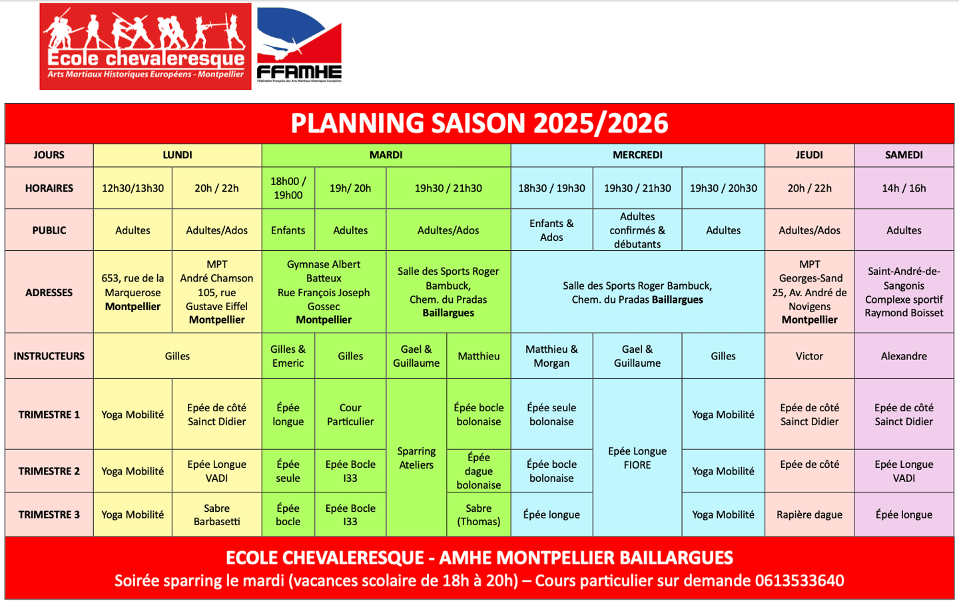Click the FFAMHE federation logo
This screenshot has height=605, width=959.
point(299,45)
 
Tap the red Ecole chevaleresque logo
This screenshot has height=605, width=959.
point(145,47)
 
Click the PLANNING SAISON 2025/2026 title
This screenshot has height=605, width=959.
point(479,124)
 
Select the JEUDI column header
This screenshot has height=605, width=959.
point(809,155)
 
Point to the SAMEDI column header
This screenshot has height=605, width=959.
point(904,155)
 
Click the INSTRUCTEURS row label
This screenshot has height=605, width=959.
point(49,356)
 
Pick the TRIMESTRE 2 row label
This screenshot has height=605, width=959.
point(49,471)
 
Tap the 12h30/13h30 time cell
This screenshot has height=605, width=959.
point(133,188)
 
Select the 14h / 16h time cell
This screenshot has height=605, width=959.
point(904,188)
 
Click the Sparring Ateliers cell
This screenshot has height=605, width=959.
point(416,458)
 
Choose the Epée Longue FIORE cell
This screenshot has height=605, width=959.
point(637,458)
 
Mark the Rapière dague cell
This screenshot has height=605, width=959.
point(809,514)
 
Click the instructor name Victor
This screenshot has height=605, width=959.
point(809,356)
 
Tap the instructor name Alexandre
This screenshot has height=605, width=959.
point(904,356)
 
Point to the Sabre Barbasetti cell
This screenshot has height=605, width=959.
point(216,514)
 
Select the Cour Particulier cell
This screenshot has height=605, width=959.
point(350,415)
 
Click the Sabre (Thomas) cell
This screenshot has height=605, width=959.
point(479,514)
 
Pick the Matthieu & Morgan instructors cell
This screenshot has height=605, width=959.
point(551,356)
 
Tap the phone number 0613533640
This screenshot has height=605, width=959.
point(799,581)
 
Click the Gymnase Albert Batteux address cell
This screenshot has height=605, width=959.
point(324,292)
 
